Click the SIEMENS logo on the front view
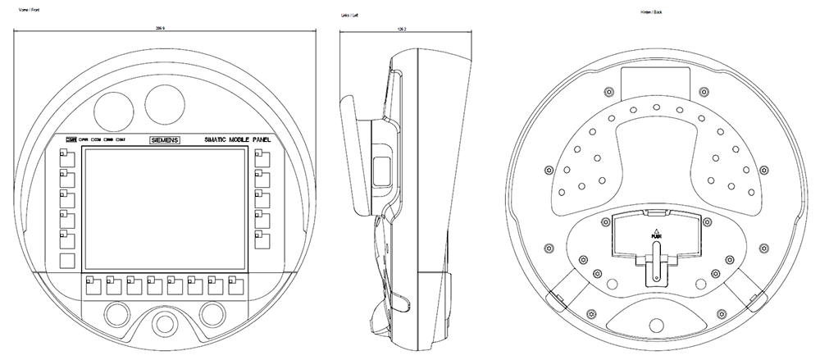click(166, 140)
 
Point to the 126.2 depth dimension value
click(402, 27)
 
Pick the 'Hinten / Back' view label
click(653, 14)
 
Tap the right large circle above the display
click(165, 101)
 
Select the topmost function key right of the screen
click(262, 157)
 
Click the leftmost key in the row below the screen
click(91, 285)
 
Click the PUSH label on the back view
click(656, 235)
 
